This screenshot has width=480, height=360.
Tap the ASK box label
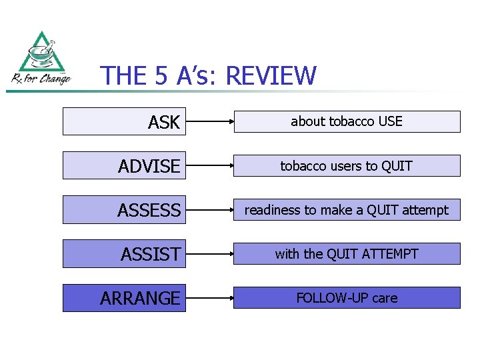164,123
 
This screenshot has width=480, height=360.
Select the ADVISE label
149,167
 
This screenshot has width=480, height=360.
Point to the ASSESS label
149,211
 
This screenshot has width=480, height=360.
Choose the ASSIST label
151,255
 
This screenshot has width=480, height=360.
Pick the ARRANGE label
140,299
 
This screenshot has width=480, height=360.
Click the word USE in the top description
390,121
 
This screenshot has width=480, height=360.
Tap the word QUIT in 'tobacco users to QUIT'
397,166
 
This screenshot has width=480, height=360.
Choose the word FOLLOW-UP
332,298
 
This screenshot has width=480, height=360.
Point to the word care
385,298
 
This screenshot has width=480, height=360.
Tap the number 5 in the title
161,77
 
